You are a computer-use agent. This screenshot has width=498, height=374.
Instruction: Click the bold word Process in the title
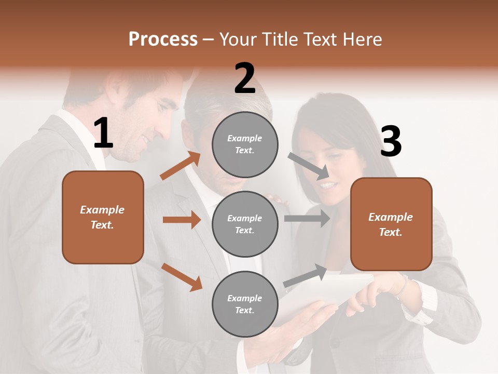click(x=163, y=39)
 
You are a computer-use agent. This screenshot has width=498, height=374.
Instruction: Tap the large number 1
click(x=103, y=133)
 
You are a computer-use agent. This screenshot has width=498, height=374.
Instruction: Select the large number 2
click(x=245, y=78)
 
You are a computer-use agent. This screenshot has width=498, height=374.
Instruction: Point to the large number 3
click(x=391, y=141)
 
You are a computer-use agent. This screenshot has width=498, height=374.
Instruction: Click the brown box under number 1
click(x=103, y=217)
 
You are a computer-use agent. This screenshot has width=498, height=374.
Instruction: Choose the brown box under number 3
click(x=391, y=224)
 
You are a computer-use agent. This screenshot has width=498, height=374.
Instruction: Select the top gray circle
click(x=245, y=144)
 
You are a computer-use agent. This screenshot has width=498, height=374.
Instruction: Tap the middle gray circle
click(x=245, y=224)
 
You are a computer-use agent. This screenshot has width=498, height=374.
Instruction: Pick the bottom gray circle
click(x=245, y=304)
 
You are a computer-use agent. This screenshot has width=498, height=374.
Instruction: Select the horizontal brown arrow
click(x=182, y=220)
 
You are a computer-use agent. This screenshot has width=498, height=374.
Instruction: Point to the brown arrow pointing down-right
click(x=182, y=277)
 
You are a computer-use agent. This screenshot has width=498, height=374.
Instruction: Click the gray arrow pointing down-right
click(x=308, y=164)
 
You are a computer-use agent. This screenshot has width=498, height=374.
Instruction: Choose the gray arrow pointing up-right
click(x=305, y=276)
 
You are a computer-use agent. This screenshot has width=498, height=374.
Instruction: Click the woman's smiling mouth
click(x=327, y=184)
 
